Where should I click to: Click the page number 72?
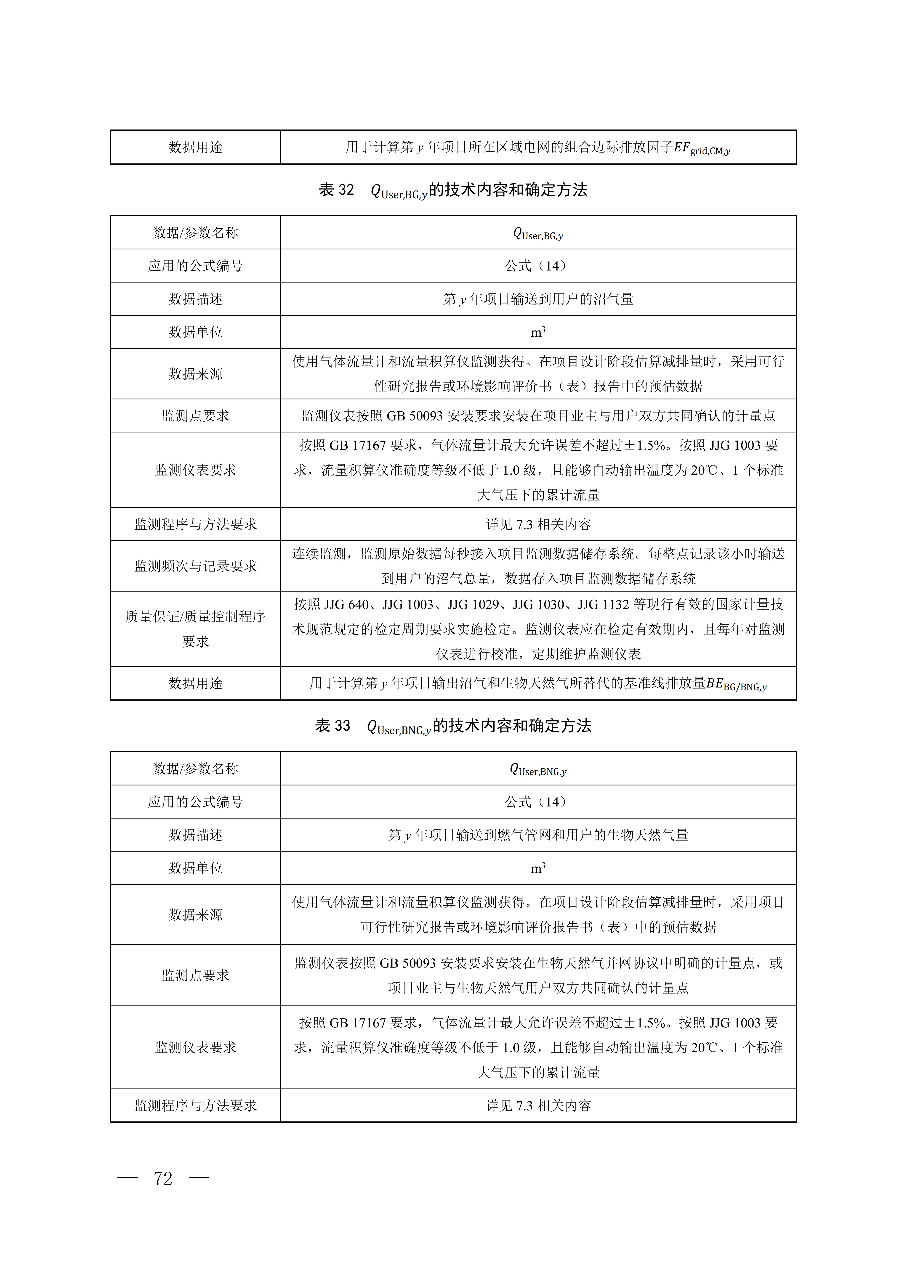(163, 1178)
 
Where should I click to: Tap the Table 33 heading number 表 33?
(333, 726)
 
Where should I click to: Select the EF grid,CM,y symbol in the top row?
(702, 148)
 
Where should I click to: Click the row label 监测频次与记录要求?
(195, 566)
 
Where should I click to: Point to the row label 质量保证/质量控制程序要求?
(195, 629)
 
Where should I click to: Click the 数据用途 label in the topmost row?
(195, 147)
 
